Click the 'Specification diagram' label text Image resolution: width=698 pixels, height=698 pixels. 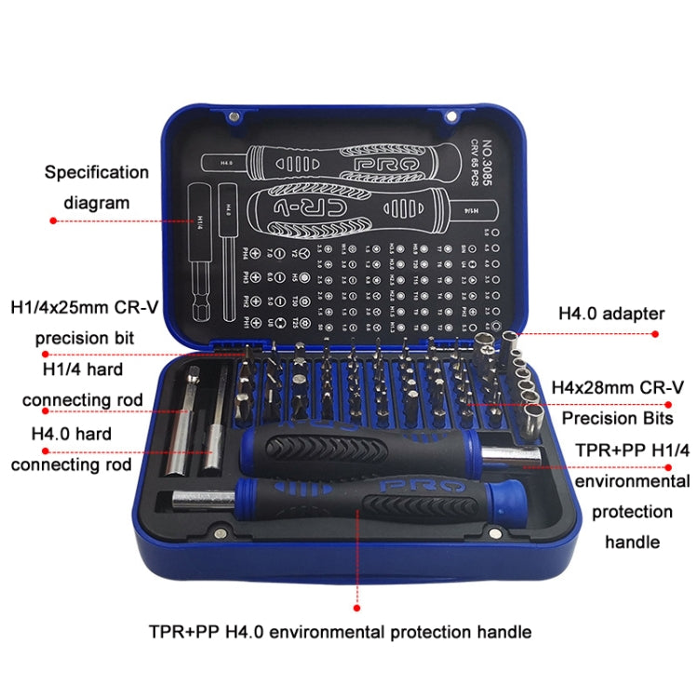97,186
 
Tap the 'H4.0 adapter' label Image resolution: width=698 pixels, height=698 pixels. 610,314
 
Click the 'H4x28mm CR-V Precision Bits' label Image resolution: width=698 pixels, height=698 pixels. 618,401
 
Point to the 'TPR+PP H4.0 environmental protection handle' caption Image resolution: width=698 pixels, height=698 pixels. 340,632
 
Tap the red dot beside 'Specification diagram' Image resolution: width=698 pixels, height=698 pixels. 53,221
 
